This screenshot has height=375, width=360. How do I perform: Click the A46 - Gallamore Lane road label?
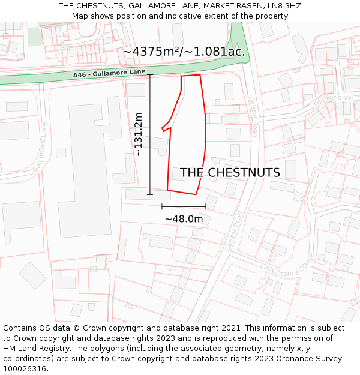tap(109, 73)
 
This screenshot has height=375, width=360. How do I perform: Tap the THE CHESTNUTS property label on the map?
tap(230, 173)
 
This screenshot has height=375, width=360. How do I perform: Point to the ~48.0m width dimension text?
tap(184, 219)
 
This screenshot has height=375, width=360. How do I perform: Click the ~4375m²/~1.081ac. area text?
tap(184, 52)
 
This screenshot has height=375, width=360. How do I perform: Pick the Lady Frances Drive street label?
tap(287, 265)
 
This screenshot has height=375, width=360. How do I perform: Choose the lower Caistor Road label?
tap(233, 230)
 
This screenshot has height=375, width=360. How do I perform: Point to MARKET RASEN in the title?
tap(231, 6)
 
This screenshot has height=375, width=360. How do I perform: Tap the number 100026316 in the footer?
tap(24, 369)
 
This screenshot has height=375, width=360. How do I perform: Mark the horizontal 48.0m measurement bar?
tap(184, 206)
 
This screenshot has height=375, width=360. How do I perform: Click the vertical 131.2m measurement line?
tap(150, 134)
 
